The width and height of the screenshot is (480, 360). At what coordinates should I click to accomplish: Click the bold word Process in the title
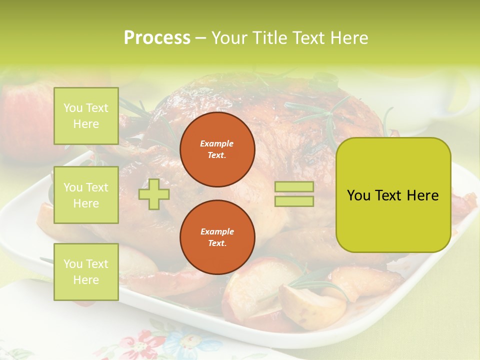[157, 38]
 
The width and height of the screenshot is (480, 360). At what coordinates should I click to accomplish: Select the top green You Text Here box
[86, 116]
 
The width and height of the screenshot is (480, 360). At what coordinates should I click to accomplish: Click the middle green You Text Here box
[86, 195]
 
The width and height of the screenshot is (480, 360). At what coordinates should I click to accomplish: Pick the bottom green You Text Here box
[86, 272]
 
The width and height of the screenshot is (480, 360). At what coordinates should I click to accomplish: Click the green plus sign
[154, 194]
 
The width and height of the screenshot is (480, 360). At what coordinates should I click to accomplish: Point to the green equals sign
[294, 194]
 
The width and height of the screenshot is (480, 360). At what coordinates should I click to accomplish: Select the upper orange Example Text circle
[217, 149]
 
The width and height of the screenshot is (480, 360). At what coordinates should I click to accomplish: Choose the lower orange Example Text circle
[217, 237]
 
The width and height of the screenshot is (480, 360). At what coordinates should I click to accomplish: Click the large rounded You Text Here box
[393, 195]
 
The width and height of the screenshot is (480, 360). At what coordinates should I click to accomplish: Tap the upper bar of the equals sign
[294, 187]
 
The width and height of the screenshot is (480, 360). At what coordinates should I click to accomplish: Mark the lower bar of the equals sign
[294, 201]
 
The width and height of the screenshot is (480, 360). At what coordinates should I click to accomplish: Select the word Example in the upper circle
[217, 143]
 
